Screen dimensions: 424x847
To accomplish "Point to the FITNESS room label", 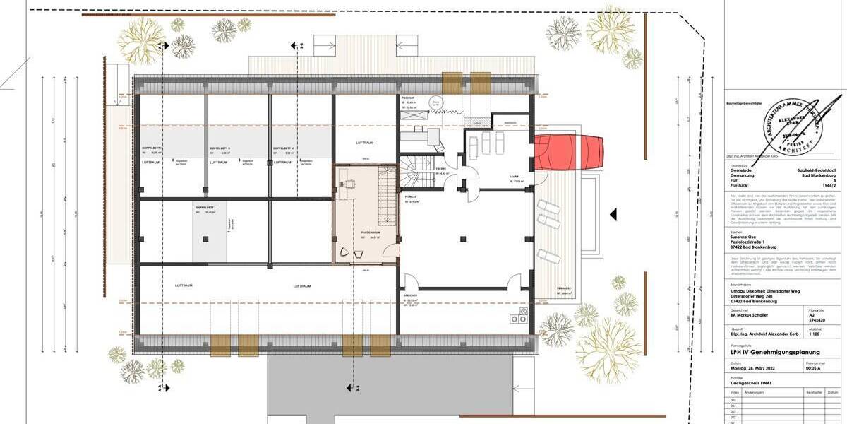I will click(411, 196).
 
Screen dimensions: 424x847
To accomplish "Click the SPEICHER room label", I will click(412, 294).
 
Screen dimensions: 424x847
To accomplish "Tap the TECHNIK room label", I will click(408, 98).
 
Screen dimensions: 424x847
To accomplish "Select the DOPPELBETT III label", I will click(284, 148).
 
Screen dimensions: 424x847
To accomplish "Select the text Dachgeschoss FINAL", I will click(752, 384).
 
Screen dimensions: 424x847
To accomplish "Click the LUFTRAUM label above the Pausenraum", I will click(364, 142).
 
